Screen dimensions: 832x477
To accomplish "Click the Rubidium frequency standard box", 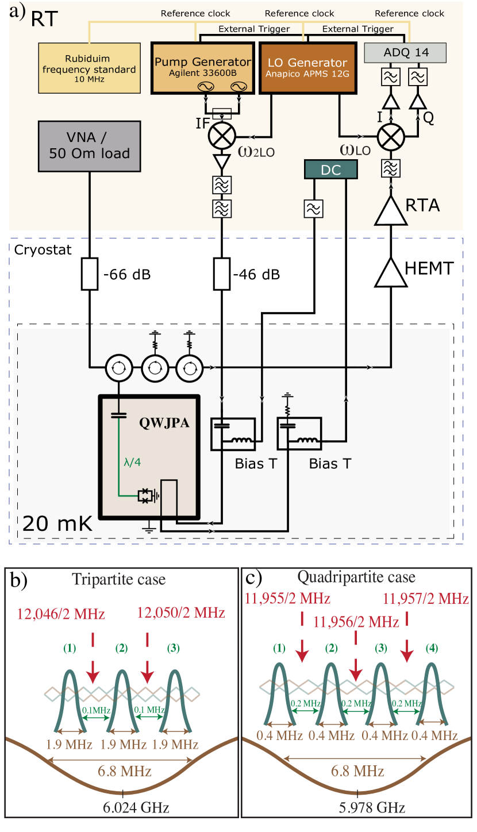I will coord(89,68).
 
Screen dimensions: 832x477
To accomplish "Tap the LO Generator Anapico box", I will coord(307,68).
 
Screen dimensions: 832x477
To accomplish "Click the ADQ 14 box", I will coord(406,53).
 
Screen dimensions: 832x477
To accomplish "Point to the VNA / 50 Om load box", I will coord(89,145).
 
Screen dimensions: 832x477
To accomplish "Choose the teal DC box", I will coord(330,170).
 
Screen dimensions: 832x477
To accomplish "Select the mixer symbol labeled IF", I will coord(222,136).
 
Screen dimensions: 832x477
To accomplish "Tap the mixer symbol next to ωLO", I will coord(391,137).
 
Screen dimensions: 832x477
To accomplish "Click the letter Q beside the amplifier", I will coord(428,118).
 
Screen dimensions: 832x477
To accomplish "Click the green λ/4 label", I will coord(132,461).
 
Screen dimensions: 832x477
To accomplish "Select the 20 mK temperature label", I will coord(57,524).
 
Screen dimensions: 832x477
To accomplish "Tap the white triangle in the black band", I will coord(391,273).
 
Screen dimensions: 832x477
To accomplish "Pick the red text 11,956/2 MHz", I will coord(356,622).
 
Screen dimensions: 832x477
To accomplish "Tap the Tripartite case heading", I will coord(119,579).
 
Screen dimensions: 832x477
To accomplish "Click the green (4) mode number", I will coord(432,648).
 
